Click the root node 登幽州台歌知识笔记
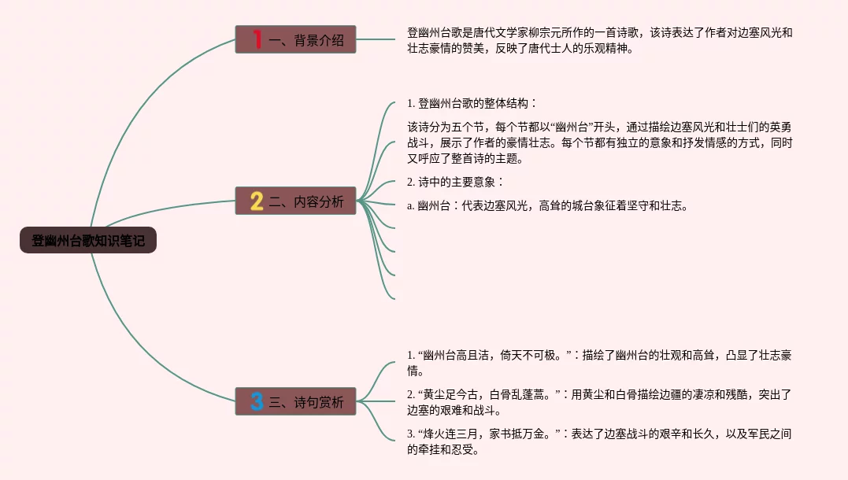(88, 240)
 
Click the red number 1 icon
(257, 39)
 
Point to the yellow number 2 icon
(257, 201)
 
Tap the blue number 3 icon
(257, 401)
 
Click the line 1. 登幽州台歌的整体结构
(472, 103)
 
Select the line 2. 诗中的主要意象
(455, 182)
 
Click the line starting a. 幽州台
(547, 206)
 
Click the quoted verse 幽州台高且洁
(457, 355)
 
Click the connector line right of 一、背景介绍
(379, 39)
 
